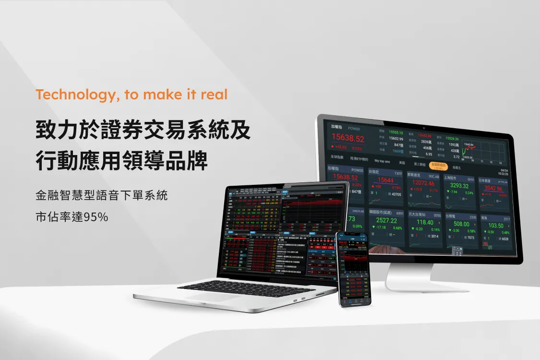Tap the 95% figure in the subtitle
coord(96,217)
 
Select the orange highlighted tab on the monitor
coord(438,166)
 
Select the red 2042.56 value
coord(493,189)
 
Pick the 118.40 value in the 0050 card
coord(425,222)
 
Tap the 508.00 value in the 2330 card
coord(461,224)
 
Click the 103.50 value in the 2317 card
coord(496,226)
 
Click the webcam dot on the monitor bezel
coord(424,128)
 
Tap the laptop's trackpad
coord(216,297)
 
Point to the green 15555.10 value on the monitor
coord(396,132)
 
